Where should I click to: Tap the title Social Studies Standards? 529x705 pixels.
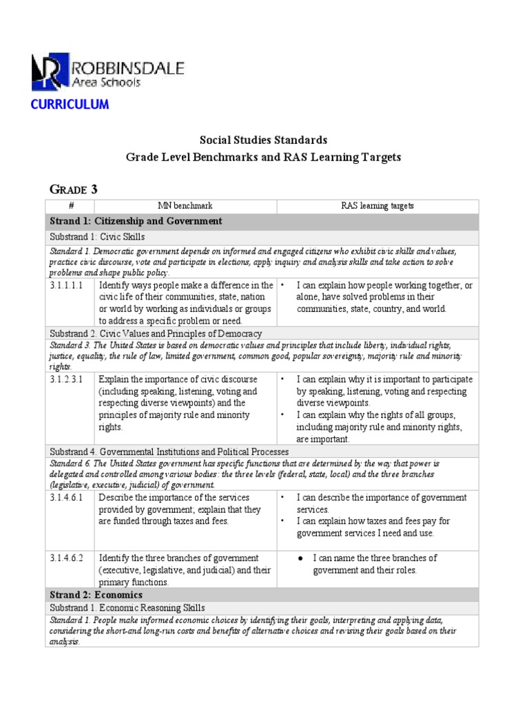[x=263, y=140]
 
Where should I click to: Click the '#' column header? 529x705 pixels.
[x=69, y=206]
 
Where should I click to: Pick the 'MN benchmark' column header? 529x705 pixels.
[x=185, y=206]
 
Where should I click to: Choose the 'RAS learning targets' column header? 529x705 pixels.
[x=377, y=206]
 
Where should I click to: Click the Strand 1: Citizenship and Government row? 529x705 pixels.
[x=136, y=221]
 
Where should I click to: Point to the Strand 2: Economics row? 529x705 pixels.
[x=96, y=594]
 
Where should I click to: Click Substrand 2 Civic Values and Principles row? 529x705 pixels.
[x=156, y=333]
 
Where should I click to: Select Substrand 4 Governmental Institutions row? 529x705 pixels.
[x=169, y=452]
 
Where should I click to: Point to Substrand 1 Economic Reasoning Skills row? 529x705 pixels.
[x=127, y=608]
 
